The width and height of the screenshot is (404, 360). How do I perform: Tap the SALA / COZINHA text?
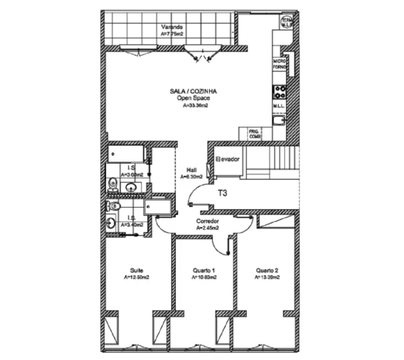pyautogui.click(x=193, y=92)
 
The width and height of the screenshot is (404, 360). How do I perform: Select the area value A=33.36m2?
pyautogui.click(x=193, y=105)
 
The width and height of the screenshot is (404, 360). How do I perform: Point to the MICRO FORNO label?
pyautogui.click(x=280, y=65)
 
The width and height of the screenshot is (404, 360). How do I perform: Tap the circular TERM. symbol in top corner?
pyautogui.click(x=287, y=21)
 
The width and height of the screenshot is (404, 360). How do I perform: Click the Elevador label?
pyautogui.click(x=228, y=159)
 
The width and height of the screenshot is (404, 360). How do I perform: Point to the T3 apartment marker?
pyautogui.click(x=222, y=193)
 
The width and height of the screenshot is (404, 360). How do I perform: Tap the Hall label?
pyautogui.click(x=191, y=169)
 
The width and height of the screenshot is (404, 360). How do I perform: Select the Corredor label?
pyautogui.click(x=207, y=221)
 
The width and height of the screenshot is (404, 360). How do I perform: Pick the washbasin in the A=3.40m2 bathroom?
pyautogui.click(x=111, y=223)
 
